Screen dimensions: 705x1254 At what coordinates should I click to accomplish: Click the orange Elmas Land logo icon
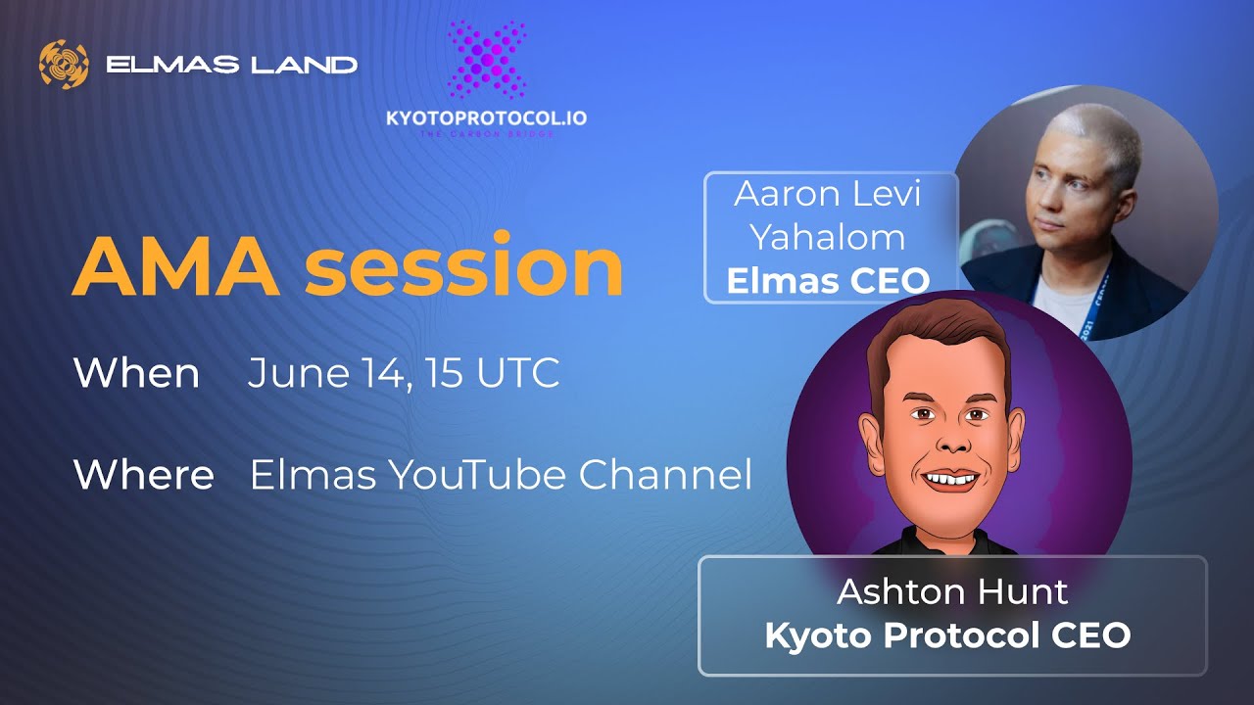click(x=64, y=65)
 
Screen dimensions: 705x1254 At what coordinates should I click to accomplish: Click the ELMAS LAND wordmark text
click(x=231, y=66)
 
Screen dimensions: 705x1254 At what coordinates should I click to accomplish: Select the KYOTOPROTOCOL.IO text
click(x=487, y=118)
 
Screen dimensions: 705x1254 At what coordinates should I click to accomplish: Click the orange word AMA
click(x=176, y=267)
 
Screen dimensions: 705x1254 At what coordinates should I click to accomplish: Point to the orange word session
click(x=463, y=267)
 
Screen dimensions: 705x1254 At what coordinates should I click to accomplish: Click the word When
click(x=136, y=374)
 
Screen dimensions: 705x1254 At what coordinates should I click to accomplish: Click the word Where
click(x=143, y=476)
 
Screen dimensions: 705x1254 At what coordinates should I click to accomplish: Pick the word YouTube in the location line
click(x=477, y=476)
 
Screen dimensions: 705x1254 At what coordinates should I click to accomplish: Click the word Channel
click(x=665, y=476)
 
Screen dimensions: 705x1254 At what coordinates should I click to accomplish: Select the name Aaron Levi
click(x=829, y=194)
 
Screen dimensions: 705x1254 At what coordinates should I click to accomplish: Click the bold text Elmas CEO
click(x=829, y=281)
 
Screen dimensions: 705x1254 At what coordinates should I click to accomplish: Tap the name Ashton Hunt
click(x=951, y=592)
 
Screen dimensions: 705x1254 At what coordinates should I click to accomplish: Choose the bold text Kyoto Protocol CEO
click(x=947, y=635)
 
